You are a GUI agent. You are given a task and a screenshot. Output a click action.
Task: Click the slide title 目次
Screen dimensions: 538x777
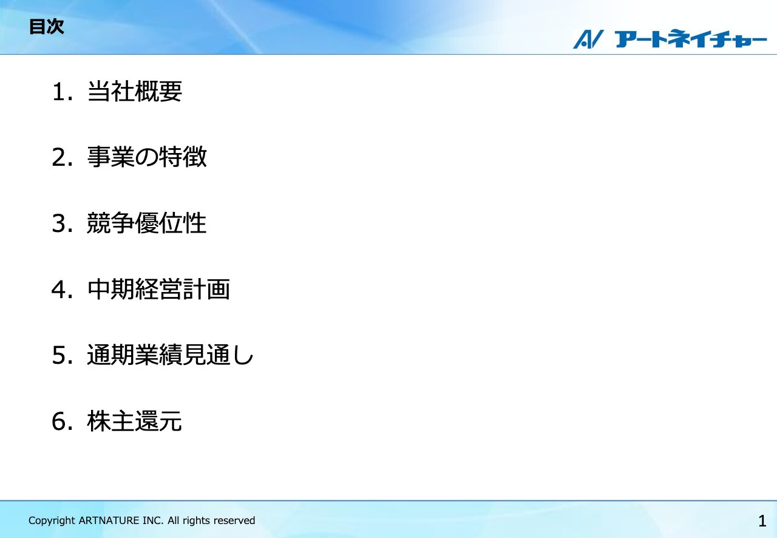[x=46, y=27]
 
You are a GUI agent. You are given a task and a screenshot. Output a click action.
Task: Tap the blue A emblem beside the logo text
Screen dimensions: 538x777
[x=587, y=39]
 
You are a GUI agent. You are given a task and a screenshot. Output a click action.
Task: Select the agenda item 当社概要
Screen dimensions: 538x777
[x=135, y=92]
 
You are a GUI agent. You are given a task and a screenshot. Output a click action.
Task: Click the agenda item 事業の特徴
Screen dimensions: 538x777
[x=147, y=158]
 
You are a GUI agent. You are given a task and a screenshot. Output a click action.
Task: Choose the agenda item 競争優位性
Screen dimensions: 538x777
[x=147, y=223]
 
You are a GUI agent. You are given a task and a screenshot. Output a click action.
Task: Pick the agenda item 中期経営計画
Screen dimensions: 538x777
[x=158, y=290]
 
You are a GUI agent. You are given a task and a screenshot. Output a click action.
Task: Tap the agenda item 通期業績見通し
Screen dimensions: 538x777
[x=170, y=356]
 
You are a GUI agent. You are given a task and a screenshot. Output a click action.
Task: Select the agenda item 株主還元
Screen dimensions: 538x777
[x=135, y=421]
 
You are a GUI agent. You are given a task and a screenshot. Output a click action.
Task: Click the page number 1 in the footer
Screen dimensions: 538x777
[x=762, y=521]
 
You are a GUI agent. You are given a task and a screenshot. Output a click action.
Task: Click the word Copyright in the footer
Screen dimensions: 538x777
[x=52, y=521]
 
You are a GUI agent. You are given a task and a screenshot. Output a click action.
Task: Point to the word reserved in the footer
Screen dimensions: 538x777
[x=234, y=520]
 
